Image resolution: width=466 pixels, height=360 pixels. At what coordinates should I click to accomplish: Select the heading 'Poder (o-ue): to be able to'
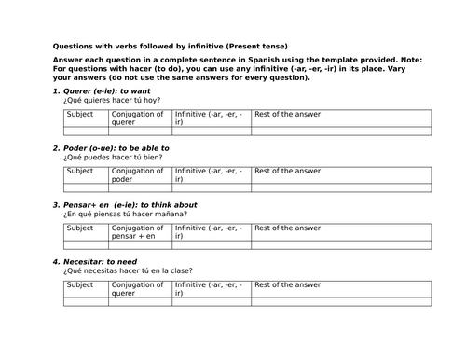[116, 148]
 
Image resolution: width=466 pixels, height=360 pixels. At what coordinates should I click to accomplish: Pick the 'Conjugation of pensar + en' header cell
[141, 232]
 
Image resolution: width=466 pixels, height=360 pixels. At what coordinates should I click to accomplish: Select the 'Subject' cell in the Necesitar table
[81, 284]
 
